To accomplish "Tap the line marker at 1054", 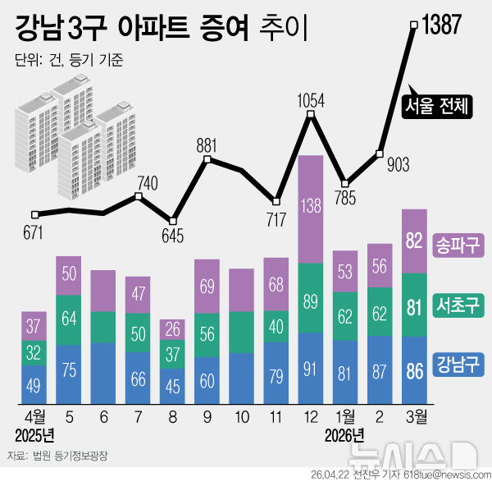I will (311, 116).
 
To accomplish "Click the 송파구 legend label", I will (459, 244).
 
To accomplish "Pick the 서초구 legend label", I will (459, 305).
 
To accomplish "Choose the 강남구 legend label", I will (459, 362).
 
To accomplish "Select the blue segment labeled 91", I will (310, 367).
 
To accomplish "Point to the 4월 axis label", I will (34, 416).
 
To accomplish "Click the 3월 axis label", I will (415, 416).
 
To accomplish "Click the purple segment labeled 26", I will (172, 329).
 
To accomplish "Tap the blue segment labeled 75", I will (68, 369).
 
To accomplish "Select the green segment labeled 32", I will (34, 353).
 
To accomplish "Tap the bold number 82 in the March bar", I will (415, 241).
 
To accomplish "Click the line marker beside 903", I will (380, 153).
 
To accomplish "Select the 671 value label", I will (33, 234).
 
